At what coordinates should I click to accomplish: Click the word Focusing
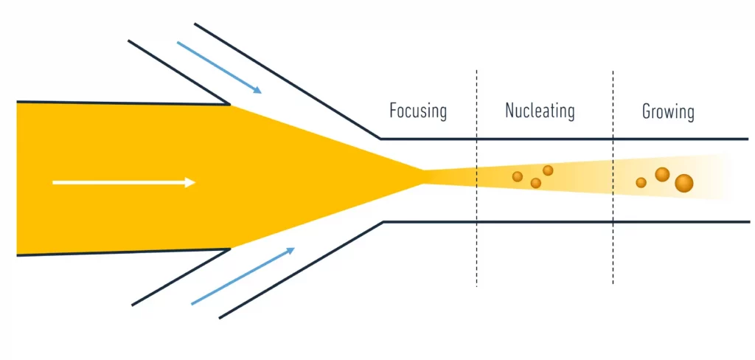coord(418,111)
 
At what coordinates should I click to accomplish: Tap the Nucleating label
coord(540,111)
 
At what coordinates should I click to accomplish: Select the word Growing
coord(668,112)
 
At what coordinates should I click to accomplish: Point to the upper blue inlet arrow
coord(219,68)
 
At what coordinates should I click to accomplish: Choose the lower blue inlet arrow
coord(243,276)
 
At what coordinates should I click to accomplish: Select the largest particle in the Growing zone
coord(684,184)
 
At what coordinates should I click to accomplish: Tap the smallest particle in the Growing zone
coord(641,182)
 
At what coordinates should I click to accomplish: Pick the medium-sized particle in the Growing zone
coord(662,174)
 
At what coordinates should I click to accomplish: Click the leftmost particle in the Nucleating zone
coord(518,176)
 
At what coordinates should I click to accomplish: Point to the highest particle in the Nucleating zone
coord(548,170)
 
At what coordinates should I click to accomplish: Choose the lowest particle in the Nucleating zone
coord(536,183)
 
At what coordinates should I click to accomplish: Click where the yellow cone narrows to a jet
coord(423,171)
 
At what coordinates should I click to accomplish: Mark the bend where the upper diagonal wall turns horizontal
coord(380,138)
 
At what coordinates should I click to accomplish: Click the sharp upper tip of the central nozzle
coord(229,104)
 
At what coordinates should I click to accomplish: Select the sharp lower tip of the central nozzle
coord(229,249)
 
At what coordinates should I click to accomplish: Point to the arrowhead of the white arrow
coord(191,182)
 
